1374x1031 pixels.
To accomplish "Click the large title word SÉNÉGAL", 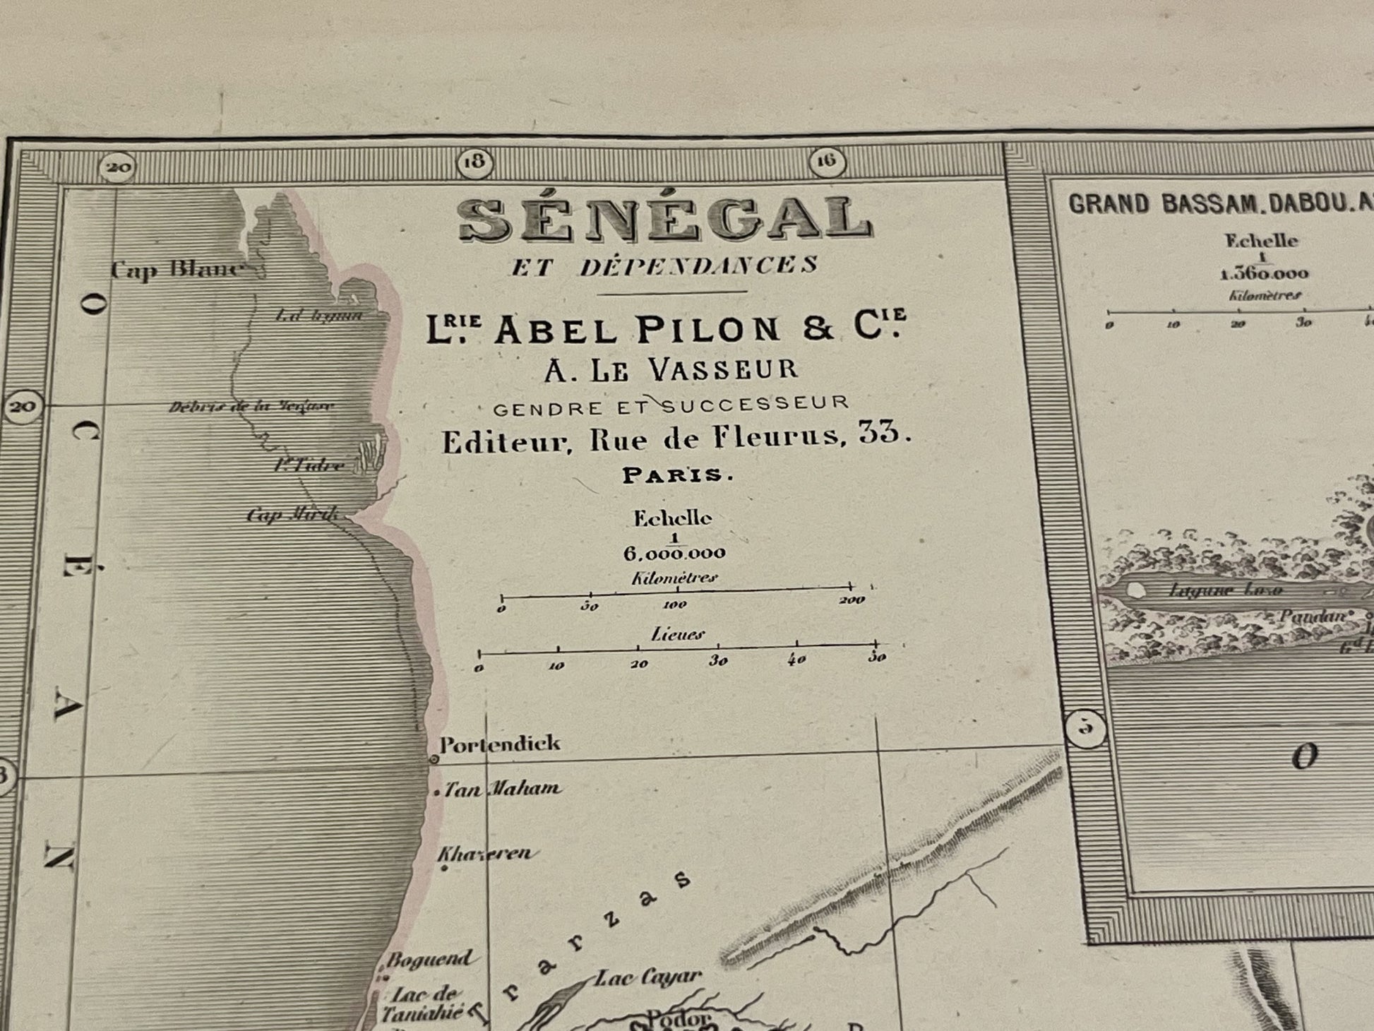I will point(665,220).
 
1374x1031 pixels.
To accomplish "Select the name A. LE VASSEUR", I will point(671,369).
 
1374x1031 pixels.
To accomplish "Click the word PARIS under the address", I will point(677,475).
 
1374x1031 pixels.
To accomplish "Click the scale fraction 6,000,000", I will point(674,554).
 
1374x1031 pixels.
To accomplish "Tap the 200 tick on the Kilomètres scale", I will point(852,600).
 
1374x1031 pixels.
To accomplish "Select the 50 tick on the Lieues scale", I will point(876,657).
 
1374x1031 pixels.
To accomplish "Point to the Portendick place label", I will point(499,744).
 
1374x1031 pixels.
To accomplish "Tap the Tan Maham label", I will point(502,789).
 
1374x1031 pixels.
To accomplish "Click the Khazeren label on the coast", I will point(484,853).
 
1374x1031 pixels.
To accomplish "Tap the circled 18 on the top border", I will point(474,163).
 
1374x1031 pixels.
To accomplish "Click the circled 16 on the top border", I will point(826,162).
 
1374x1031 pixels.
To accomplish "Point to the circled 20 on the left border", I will point(22,407).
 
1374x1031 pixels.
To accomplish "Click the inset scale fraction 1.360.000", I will point(1264,274).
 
